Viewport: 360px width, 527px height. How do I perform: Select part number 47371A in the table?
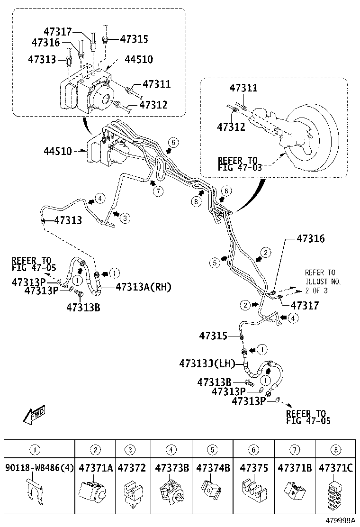[96, 468]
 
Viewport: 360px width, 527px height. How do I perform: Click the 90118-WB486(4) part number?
[39, 468]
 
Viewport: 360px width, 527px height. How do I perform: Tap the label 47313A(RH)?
[144, 287]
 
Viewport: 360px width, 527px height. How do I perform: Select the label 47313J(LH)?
[207, 363]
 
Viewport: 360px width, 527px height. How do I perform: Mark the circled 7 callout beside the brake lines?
[157, 191]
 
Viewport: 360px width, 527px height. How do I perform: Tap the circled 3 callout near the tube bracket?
[125, 218]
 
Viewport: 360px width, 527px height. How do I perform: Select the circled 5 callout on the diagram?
[215, 262]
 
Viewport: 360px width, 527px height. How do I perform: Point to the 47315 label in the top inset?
[134, 39]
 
